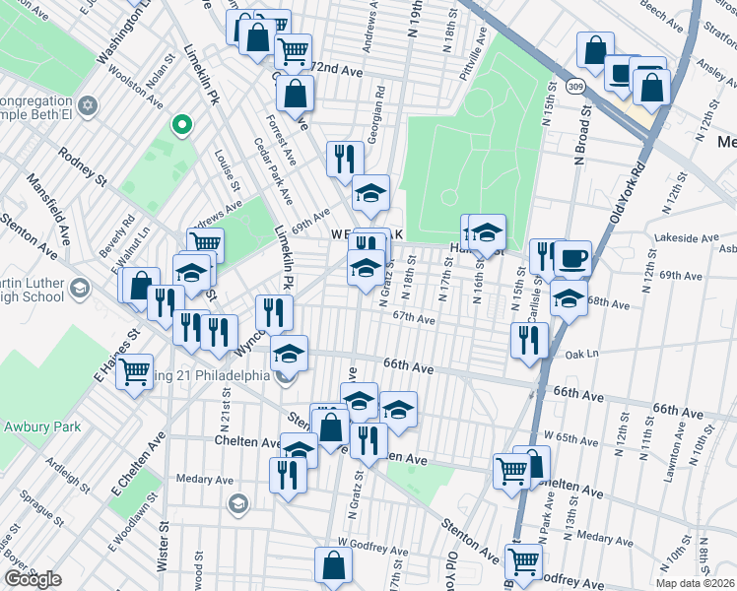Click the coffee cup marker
pyautogui.click(x=572, y=259)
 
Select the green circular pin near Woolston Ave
pyautogui.click(x=180, y=125)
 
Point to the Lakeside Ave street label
pyautogui.click(x=691, y=237)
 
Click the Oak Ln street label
pyautogui.click(x=583, y=353)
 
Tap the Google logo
pyautogui.click(x=33, y=579)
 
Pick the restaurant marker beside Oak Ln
pyautogui.click(x=529, y=340)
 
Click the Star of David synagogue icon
pyautogui.click(x=87, y=105)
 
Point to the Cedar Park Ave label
pyautogui.click(x=272, y=169)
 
